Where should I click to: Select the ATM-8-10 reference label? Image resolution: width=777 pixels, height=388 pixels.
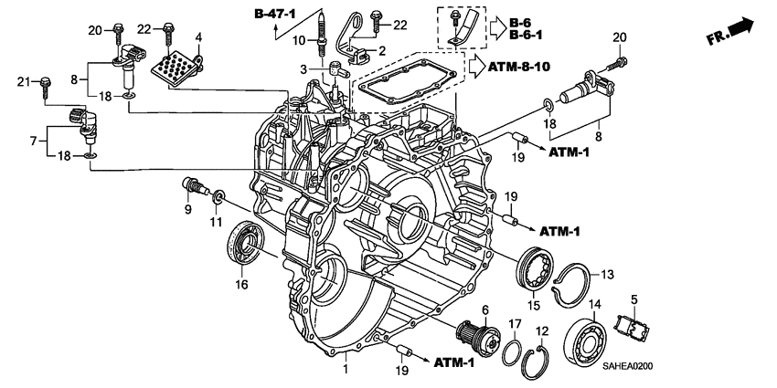click(518, 67)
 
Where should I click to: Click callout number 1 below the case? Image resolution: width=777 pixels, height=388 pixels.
click(345, 370)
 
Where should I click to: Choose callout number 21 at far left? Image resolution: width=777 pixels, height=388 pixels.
click(25, 84)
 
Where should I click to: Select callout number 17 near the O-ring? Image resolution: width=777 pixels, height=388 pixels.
click(515, 323)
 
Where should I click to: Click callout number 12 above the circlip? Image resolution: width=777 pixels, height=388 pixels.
click(541, 330)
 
